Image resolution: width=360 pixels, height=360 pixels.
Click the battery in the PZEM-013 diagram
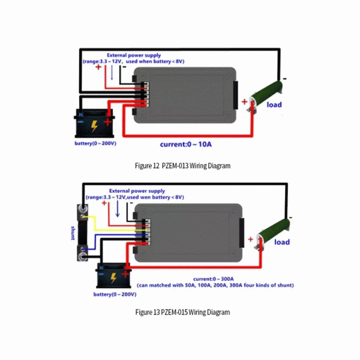pyautogui.click(x=94, y=124)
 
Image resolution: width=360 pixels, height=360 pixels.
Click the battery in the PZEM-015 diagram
pyautogui.click(x=113, y=275)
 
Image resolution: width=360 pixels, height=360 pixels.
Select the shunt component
pyautogui.click(x=82, y=233)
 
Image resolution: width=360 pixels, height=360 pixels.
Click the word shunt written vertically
pyautogui.click(x=73, y=233)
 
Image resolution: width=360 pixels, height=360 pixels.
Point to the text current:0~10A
pyautogui.click(x=186, y=145)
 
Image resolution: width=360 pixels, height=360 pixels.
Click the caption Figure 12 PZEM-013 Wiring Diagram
pyautogui.click(x=182, y=166)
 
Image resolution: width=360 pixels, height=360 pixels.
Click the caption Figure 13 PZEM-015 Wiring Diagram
pyautogui.click(x=182, y=312)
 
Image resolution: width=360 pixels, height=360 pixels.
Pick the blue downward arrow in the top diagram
pyautogui.click(x=112, y=73)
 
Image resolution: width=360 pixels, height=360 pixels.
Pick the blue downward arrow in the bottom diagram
pyautogui.click(x=118, y=209)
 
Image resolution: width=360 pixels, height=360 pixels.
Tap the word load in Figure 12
pyautogui.click(x=274, y=104)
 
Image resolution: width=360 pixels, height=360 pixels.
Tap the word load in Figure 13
pyautogui.click(x=282, y=242)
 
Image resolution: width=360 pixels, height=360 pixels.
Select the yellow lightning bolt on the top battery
pyautogui.click(x=94, y=126)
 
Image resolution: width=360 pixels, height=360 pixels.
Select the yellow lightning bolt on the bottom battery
pyautogui.click(x=113, y=278)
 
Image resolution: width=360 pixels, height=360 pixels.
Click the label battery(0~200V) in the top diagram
pyautogui.click(x=95, y=143)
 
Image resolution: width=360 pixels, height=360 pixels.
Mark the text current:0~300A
pyautogui.click(x=214, y=279)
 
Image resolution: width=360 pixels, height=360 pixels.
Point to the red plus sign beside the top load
pyautogui.click(x=244, y=102)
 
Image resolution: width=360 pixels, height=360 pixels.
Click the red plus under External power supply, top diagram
pyautogui.click(x=98, y=67)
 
